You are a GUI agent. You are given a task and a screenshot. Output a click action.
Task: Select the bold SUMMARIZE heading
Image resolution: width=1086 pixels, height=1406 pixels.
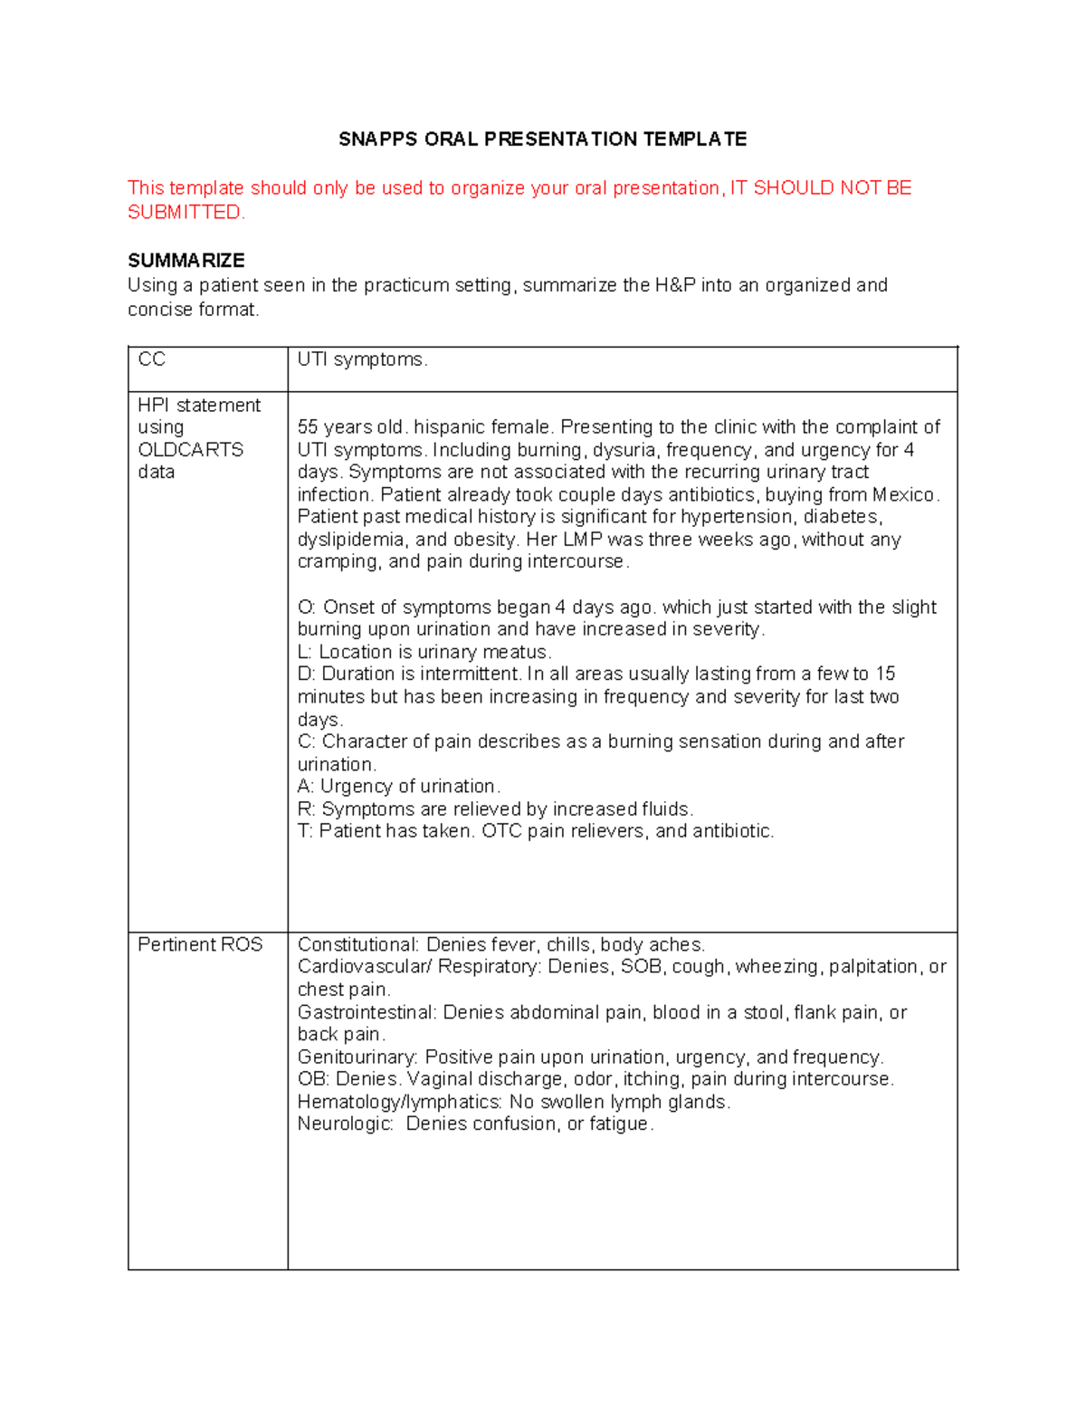(x=186, y=261)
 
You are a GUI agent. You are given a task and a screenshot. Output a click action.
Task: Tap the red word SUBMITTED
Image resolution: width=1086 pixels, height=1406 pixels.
(x=185, y=213)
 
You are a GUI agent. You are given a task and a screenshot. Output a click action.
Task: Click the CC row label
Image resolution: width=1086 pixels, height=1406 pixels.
(x=151, y=360)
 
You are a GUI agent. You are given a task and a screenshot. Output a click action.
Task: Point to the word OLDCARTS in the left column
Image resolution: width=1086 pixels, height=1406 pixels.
(x=190, y=450)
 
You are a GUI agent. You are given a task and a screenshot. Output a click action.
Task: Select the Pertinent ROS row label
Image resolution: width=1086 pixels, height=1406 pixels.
(x=200, y=944)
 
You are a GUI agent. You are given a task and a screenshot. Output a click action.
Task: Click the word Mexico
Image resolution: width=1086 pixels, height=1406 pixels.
(x=904, y=495)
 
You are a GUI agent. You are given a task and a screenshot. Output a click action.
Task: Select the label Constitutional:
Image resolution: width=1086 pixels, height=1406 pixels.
(x=358, y=945)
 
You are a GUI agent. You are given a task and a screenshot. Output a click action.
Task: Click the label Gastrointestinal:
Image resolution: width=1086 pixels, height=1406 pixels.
(x=367, y=1012)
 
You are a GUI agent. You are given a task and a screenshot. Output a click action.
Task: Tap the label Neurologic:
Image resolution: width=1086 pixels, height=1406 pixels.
(x=345, y=1124)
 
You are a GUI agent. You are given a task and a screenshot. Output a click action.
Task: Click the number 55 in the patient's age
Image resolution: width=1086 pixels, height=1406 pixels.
(x=308, y=427)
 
